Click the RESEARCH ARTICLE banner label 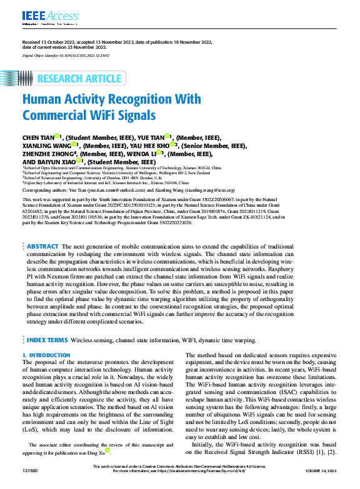tap(79, 79)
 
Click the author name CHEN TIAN tap(37, 137)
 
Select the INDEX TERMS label tap(47, 340)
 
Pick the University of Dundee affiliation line tap(81, 178)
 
